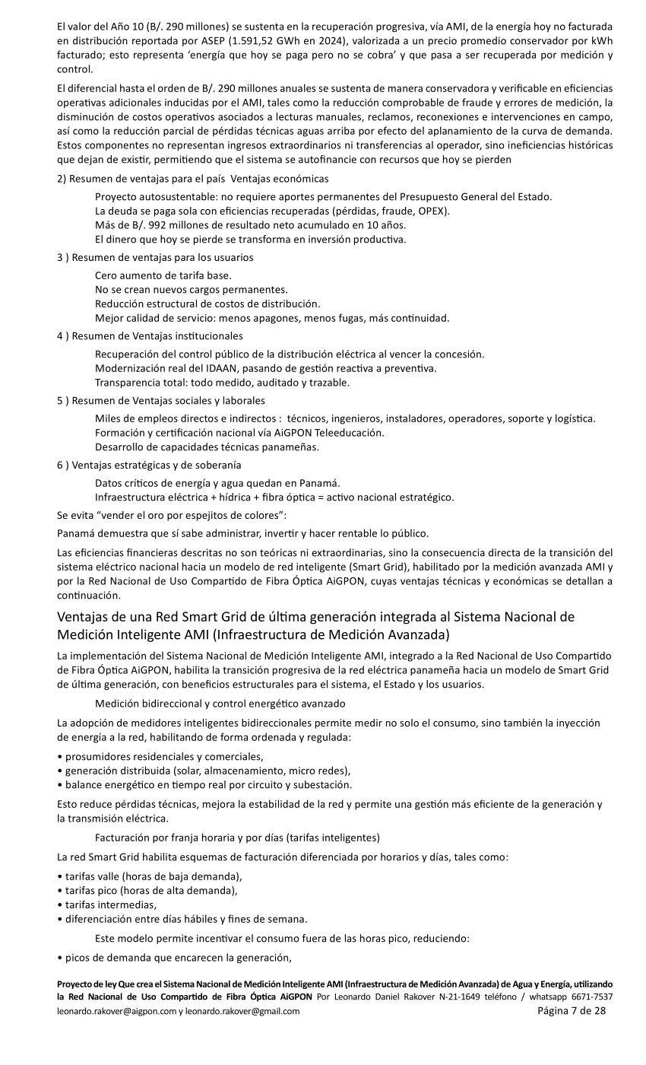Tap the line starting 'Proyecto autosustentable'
(323, 197)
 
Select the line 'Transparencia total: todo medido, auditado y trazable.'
(222, 383)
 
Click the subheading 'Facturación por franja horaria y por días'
(237, 838)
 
